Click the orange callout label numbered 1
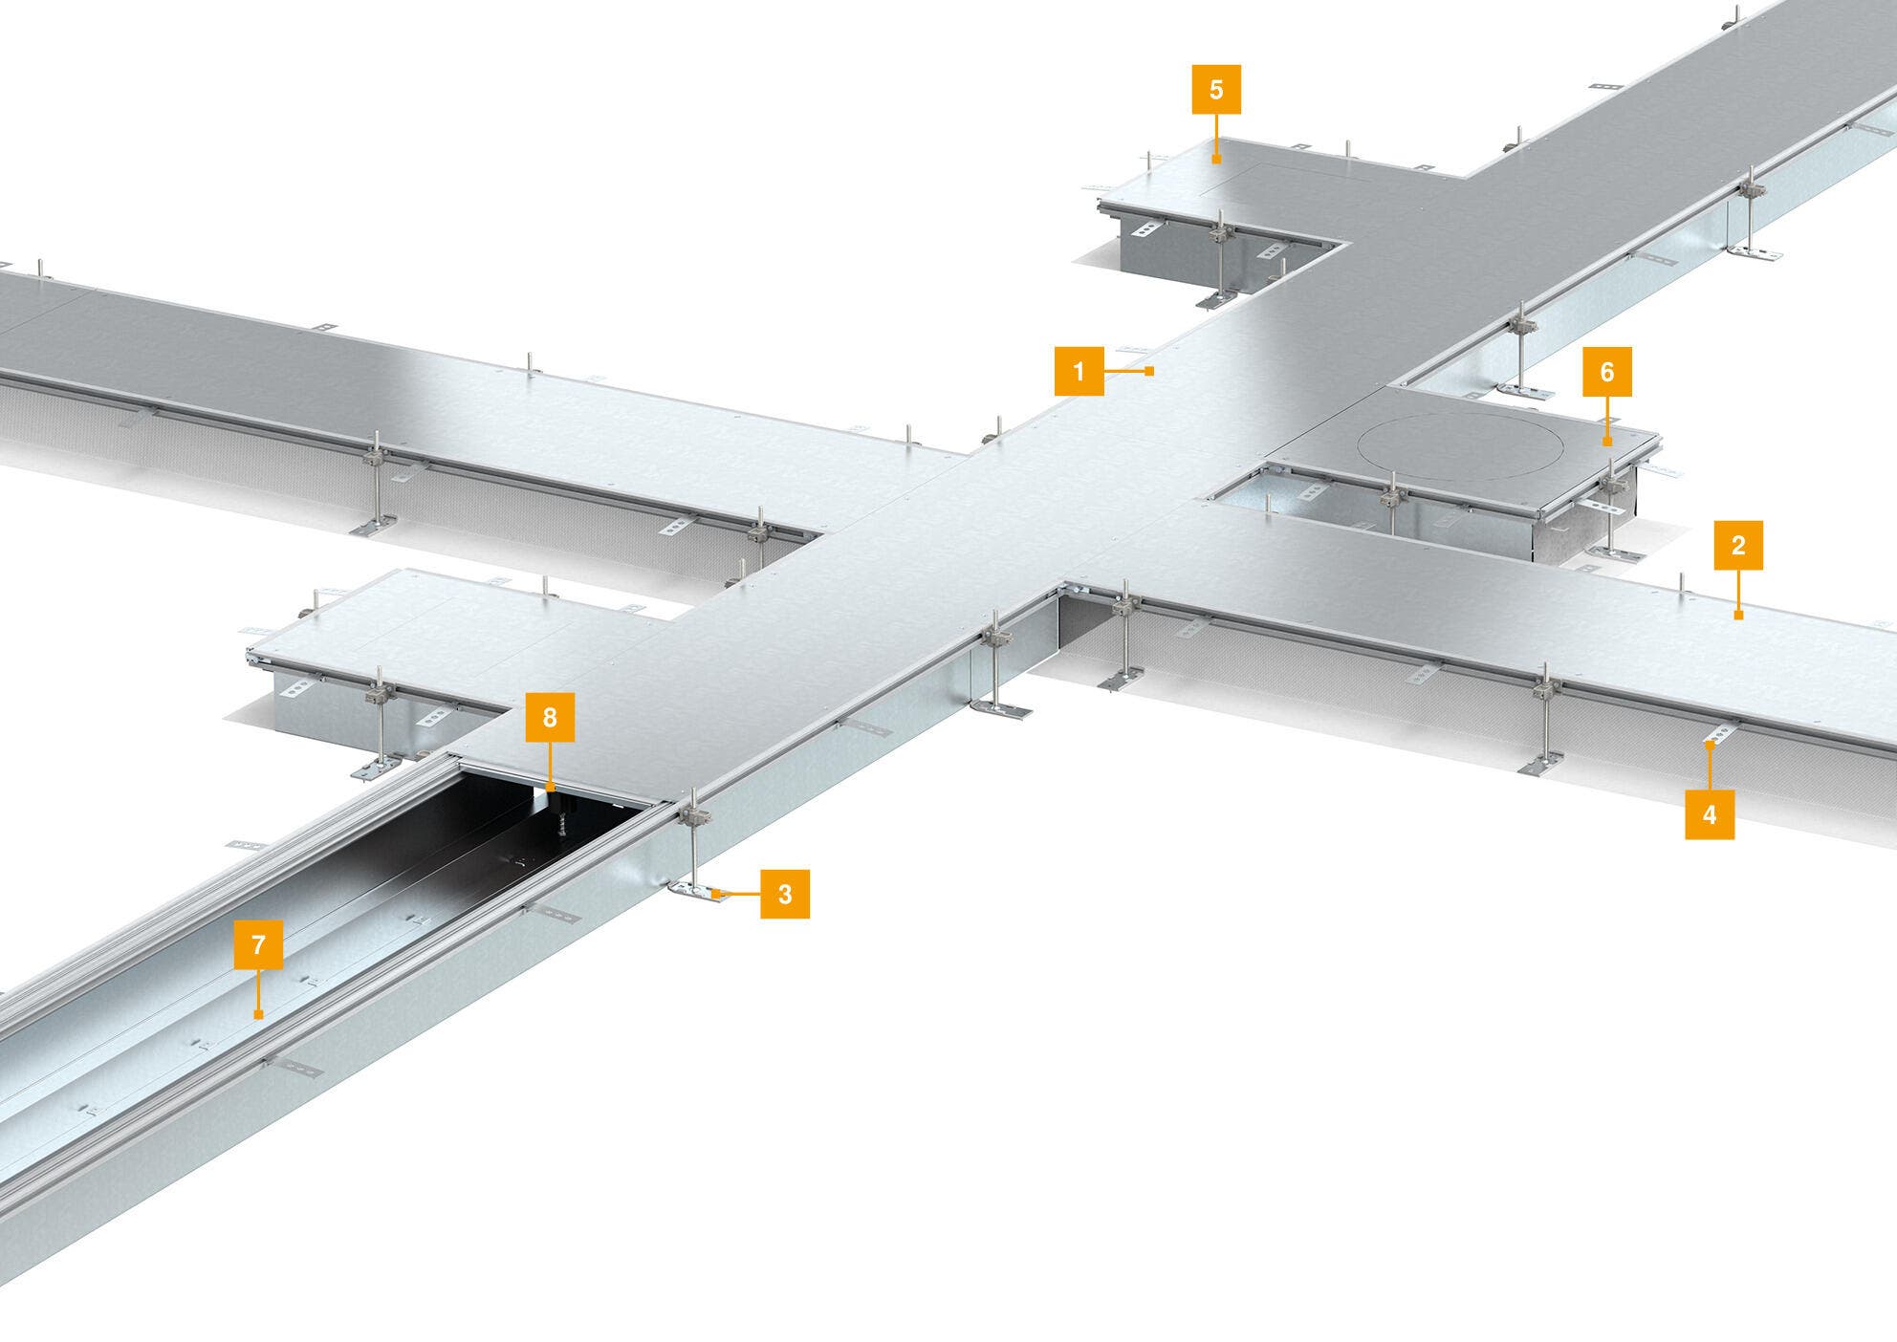(1079, 371)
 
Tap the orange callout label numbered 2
(1738, 546)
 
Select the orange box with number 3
(785, 894)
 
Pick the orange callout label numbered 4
(1710, 814)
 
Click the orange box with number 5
(1216, 90)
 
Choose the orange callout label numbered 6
(1606, 372)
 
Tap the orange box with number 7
(258, 945)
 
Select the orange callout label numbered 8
(550, 717)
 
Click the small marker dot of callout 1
(1149, 370)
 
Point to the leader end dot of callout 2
(1738, 615)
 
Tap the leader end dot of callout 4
(1710, 743)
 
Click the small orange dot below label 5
(1216, 159)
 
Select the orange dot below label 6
(1606, 442)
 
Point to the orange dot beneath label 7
(258, 1014)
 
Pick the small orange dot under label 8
(550, 786)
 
